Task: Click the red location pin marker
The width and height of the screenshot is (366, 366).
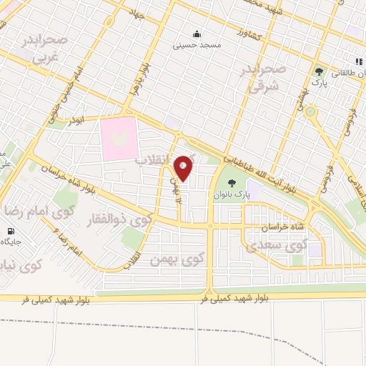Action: [x=184, y=167]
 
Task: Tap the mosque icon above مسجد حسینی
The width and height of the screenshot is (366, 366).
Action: [x=196, y=33]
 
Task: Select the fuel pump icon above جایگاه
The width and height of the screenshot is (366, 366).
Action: [x=10, y=231]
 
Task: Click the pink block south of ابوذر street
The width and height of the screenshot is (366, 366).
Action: [x=118, y=138]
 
